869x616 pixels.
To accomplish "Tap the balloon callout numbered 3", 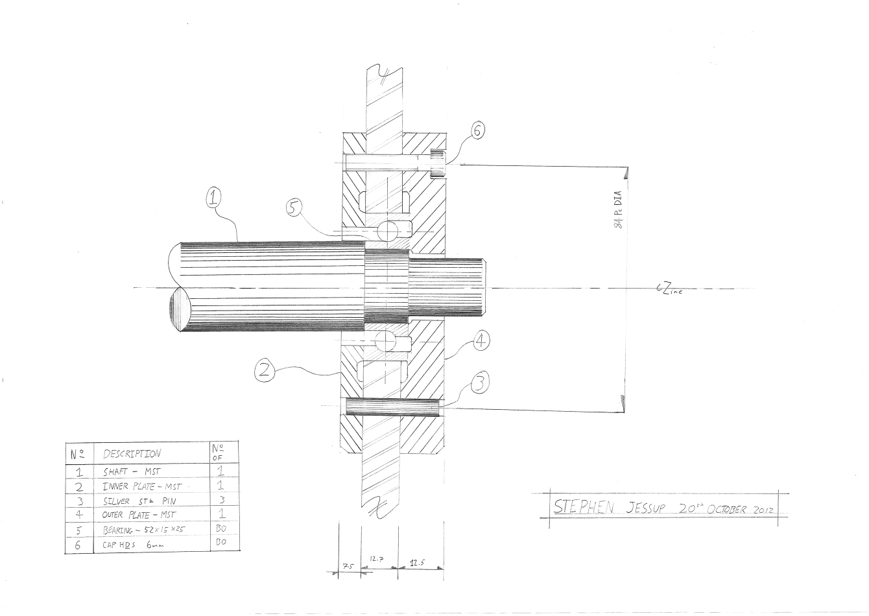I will click(x=479, y=383).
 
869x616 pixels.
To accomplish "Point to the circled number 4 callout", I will click(x=481, y=341).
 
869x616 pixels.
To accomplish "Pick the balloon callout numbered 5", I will click(x=293, y=208).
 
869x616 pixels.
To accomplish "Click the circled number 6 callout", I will click(x=477, y=131).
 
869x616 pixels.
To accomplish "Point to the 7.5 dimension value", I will click(x=348, y=566).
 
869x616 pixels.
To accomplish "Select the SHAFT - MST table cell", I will click(x=132, y=472).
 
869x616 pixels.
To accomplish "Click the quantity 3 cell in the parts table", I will click(x=221, y=500).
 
